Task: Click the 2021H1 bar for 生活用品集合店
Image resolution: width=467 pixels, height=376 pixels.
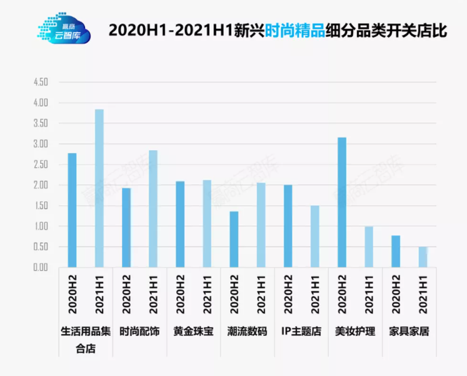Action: (99, 188)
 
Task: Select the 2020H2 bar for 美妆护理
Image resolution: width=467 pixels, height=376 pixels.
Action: (341, 202)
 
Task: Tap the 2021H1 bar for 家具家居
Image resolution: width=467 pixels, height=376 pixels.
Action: (423, 257)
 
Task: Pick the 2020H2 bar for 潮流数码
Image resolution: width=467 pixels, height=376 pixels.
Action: (234, 240)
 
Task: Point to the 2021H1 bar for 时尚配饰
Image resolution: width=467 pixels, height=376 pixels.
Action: (153, 209)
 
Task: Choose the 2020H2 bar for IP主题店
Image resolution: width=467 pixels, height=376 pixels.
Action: (288, 226)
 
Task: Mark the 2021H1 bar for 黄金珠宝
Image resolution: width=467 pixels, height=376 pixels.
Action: (207, 224)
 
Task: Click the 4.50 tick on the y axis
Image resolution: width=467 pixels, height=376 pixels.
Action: (41, 82)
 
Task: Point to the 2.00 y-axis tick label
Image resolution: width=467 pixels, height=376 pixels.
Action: (41, 185)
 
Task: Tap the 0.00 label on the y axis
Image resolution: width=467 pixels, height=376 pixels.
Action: (41, 268)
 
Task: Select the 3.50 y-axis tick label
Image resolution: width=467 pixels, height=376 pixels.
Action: (41, 123)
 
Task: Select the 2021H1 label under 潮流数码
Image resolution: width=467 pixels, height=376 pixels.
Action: (261, 295)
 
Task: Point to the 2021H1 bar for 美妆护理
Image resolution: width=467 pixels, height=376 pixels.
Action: (369, 247)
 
